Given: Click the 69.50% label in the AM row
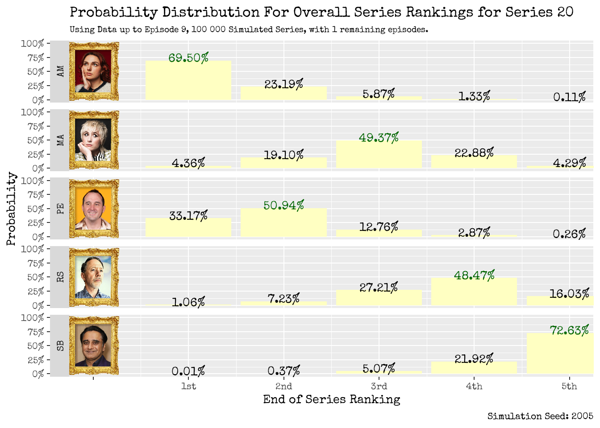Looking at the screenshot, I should point(188,58).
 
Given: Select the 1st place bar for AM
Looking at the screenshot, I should point(188,81).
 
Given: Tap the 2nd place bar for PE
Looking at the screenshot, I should point(283,223).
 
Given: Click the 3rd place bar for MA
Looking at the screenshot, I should point(379,155).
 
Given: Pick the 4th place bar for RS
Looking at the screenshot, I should point(474,292).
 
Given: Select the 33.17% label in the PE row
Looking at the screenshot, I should point(188,216).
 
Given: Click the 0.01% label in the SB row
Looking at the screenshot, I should point(188,371).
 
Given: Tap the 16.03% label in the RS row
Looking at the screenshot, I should point(569,294).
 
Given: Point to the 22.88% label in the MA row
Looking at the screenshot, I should point(474,153).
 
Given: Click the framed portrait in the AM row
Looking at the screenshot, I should point(94,71).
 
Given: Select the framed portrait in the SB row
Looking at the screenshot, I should point(94,346).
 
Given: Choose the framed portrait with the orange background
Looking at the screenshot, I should point(94,209).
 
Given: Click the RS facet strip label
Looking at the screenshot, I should point(60,277).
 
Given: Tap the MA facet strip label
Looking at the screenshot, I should point(60,140).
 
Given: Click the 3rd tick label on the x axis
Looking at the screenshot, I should point(379,386).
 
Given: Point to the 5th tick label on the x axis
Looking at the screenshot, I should point(569,386).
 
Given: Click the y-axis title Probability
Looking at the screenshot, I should point(11,209).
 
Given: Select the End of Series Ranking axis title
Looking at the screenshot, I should point(331,399).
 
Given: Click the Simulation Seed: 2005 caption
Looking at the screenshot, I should point(540,416).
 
